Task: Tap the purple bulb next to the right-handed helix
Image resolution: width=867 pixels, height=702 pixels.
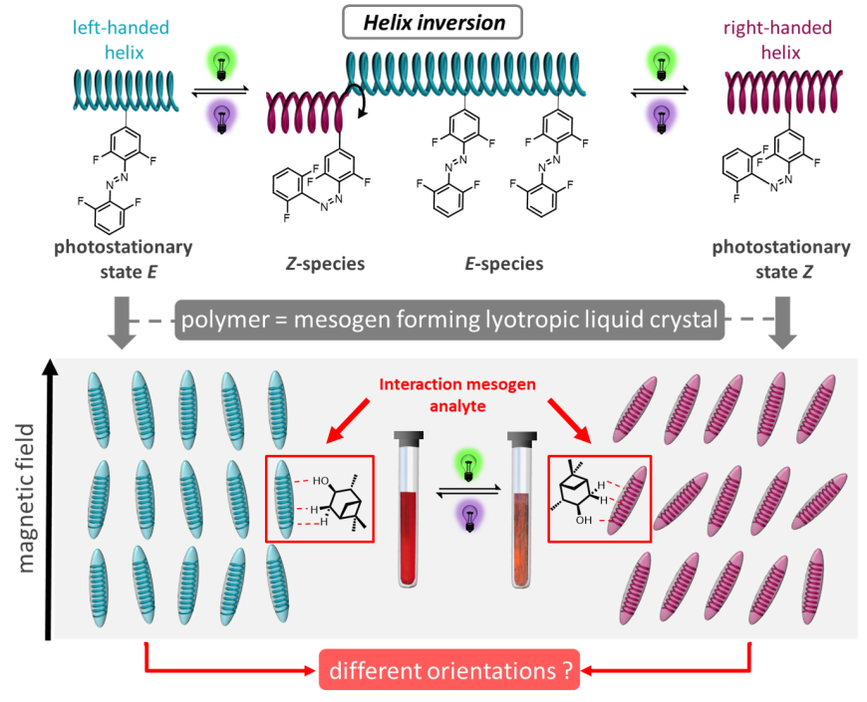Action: (660, 115)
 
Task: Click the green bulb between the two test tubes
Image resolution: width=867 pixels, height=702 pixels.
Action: (465, 465)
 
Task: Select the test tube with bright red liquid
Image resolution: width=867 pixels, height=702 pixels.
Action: (410, 508)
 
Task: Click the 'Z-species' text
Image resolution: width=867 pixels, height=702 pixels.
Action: (325, 264)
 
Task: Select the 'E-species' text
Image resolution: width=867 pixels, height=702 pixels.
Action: (504, 264)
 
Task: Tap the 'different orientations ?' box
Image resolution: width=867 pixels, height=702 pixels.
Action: (448, 670)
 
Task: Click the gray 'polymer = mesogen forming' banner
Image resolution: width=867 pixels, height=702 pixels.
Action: (449, 321)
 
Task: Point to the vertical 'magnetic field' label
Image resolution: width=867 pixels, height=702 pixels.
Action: (26, 498)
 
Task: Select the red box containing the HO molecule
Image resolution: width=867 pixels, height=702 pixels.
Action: (319, 498)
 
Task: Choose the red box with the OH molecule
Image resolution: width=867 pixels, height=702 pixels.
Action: (599, 499)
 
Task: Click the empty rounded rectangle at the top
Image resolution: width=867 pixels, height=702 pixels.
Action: (433, 22)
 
